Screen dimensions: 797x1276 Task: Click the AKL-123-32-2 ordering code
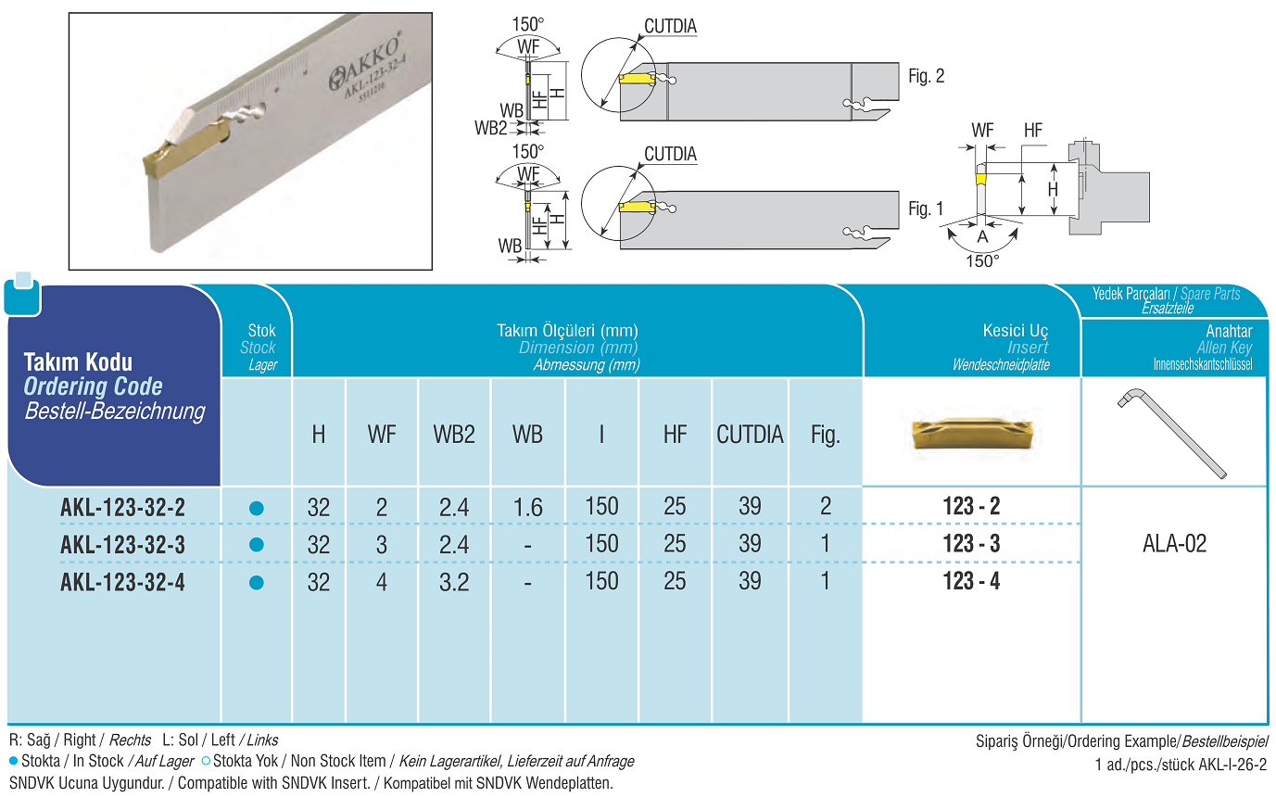(x=122, y=508)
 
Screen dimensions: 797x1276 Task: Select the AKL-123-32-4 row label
(x=122, y=582)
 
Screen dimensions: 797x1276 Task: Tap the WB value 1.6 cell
(x=527, y=508)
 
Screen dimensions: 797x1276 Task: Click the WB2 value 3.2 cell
(x=453, y=582)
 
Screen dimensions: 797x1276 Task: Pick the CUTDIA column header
(x=750, y=435)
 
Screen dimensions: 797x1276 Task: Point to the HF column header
(x=675, y=435)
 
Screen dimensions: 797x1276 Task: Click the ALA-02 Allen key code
(x=1174, y=544)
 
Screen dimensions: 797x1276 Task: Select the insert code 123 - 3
(x=971, y=544)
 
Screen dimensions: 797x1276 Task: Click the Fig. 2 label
(x=926, y=77)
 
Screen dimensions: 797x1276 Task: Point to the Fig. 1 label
(x=926, y=209)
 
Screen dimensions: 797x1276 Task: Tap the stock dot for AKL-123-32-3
(x=257, y=545)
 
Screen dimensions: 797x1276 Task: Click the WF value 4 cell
(x=381, y=582)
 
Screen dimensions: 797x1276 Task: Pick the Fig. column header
(x=825, y=435)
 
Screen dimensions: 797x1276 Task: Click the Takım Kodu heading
(x=78, y=362)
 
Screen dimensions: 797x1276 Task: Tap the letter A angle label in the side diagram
(x=983, y=237)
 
